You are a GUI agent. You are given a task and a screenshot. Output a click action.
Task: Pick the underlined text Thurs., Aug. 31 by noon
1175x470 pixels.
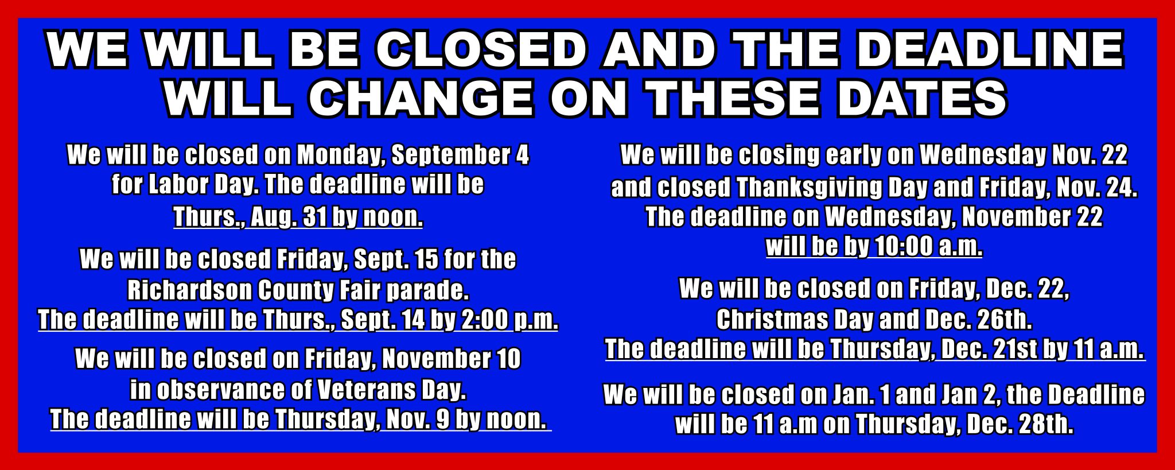pos(298,217)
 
